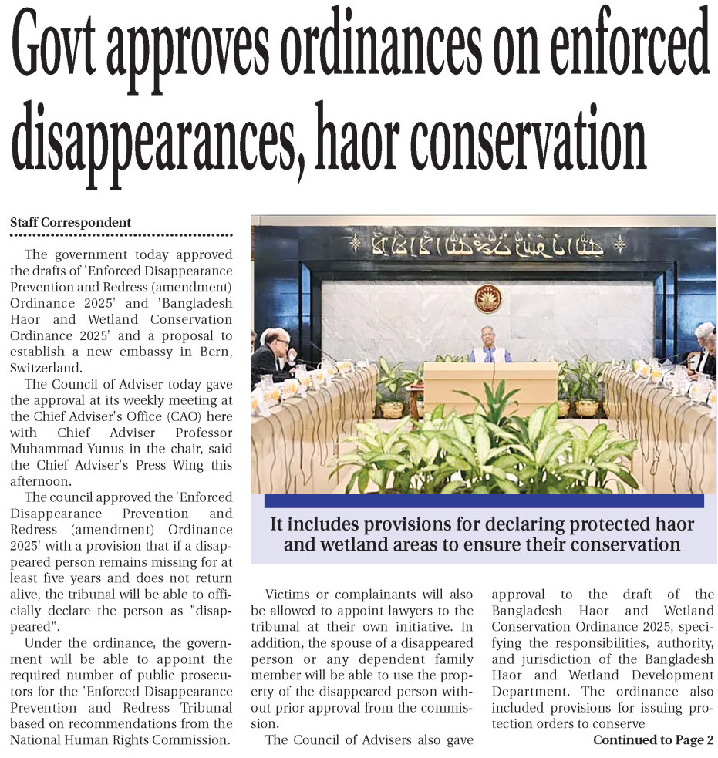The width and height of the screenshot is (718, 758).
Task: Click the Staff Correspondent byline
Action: point(70,222)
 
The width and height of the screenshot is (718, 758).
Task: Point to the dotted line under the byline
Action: point(121,234)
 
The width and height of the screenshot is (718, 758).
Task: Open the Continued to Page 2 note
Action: point(652,740)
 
